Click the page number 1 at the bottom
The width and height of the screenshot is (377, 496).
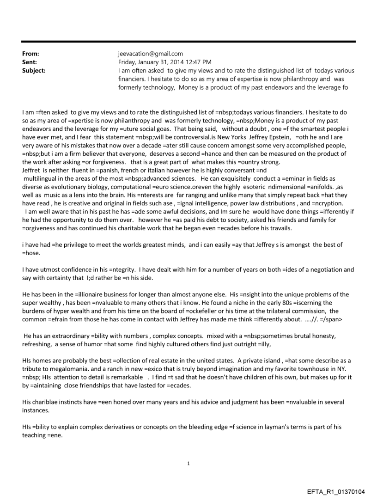[x=188, y=463]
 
